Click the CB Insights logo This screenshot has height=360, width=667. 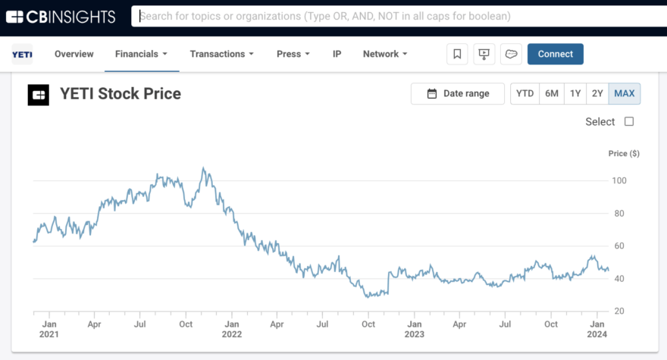pos(61,16)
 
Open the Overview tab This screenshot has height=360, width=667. pos(74,54)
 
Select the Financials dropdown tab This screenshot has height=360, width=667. pos(141,54)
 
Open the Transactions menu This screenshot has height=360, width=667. pos(221,54)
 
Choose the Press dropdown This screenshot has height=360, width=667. pos(293,54)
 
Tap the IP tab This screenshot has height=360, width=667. pos(337,54)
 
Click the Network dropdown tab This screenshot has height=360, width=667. pos(385,54)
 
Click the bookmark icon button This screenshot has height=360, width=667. pos(457,54)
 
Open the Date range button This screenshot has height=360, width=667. pos(458,93)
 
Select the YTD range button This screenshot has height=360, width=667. pos(525,93)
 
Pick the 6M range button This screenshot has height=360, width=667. pos(552,93)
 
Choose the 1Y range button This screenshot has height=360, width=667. pos(575,93)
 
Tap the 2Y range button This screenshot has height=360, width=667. pos(597,93)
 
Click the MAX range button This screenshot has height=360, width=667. pos(625,93)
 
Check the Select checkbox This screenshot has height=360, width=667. pos(629,121)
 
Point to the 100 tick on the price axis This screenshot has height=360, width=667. pos(619,180)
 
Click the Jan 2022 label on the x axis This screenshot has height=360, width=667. pos(232,329)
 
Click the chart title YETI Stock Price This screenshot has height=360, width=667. pos(121,94)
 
